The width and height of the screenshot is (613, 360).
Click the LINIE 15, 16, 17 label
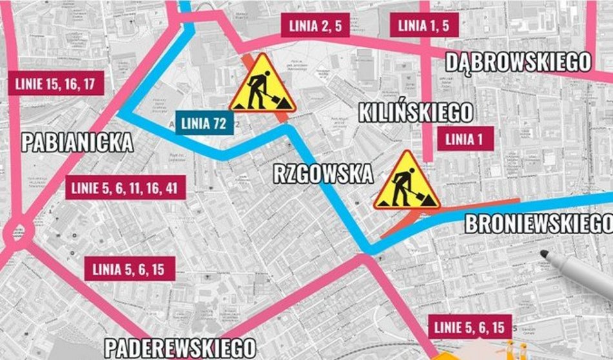[55, 84]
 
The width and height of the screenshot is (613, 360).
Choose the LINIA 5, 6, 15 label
[130, 269]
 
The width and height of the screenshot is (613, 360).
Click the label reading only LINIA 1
[465, 138]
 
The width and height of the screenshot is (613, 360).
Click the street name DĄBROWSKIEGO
[518, 63]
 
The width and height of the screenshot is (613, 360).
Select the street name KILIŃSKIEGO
[416, 113]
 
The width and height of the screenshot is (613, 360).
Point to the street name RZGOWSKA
[323, 174]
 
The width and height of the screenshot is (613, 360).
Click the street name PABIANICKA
[77, 142]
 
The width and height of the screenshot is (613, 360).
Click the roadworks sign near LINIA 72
[263, 85]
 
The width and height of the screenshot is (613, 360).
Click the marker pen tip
[544, 254]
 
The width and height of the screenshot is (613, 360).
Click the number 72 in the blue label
[219, 123]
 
